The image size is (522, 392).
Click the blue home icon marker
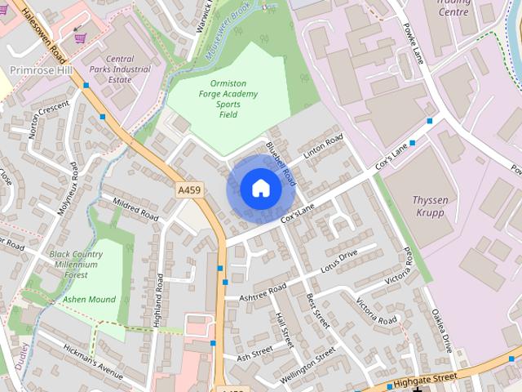click(x=260, y=188)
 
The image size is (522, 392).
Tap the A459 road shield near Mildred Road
click(x=189, y=189)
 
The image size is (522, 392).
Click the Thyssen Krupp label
click(x=429, y=206)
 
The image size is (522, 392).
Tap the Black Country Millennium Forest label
click(x=76, y=265)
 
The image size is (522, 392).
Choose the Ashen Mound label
click(x=90, y=300)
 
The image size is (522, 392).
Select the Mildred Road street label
click(x=135, y=208)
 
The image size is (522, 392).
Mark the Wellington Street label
click(x=307, y=365)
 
